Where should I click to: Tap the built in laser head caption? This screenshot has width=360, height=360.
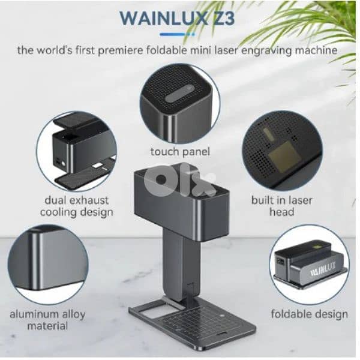tap(281, 206)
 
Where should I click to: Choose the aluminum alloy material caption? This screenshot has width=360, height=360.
tap(47, 320)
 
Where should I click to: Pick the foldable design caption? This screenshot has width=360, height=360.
tap(309, 314)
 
